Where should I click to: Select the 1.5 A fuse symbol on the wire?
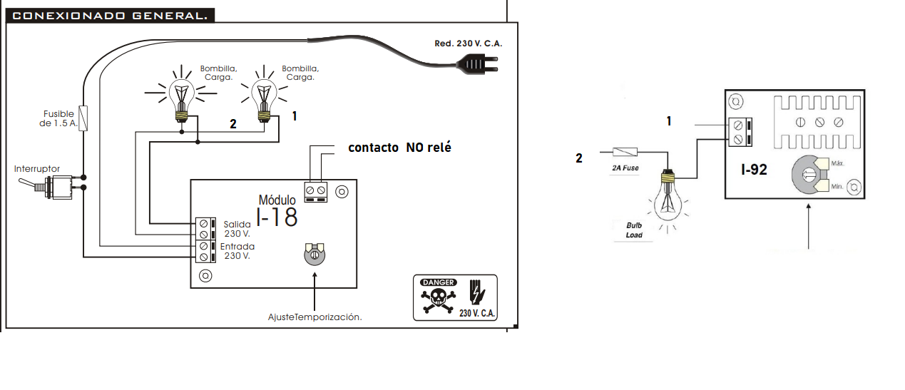pos(84,118)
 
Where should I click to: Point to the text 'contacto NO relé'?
pos(399,148)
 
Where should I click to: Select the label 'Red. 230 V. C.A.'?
pos(469,43)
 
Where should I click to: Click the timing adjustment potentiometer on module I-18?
pos(314,255)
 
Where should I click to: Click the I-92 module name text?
pos(755,170)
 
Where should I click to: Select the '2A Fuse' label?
pos(625,168)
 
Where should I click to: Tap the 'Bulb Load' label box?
pos(634,230)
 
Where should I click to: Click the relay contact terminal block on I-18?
pos(315,191)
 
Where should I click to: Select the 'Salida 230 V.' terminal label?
pos(237,228)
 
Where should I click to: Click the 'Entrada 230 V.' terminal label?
pos(237,251)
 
